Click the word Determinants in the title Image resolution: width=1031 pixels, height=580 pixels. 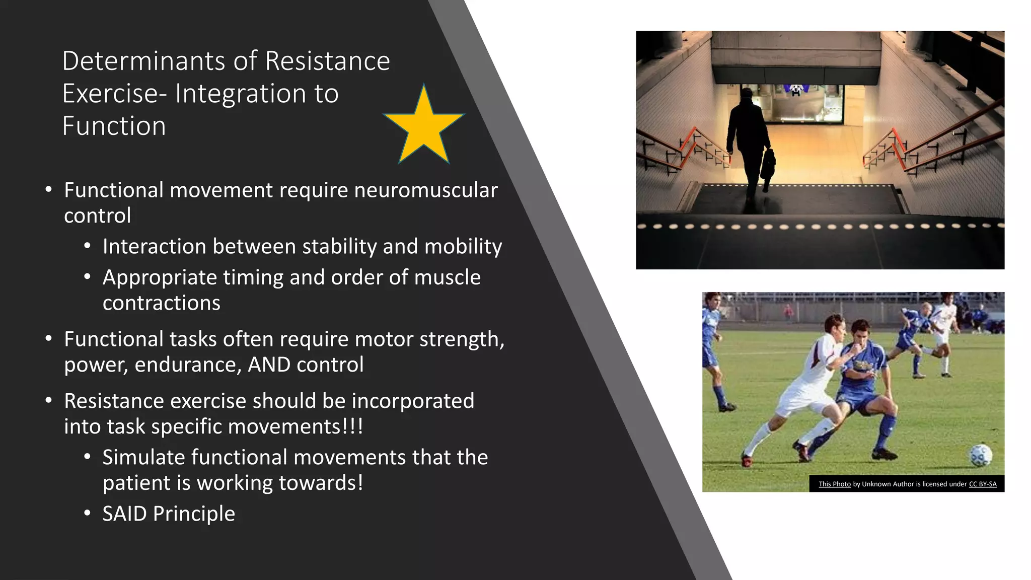[143, 61]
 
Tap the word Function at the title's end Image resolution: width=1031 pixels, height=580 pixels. [114, 126]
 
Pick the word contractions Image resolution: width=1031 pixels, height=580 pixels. [162, 303]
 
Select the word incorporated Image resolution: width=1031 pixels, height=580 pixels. [413, 401]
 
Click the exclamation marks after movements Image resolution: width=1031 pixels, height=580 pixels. [352, 426]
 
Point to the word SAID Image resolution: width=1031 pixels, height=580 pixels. [124, 514]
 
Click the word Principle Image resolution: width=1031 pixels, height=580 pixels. [194, 514]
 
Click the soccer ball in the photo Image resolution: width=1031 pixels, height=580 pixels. [980, 456]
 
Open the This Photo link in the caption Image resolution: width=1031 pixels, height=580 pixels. [834, 484]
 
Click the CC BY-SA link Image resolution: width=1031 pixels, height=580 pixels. [982, 484]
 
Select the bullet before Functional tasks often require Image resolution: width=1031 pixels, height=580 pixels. [48, 339]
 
